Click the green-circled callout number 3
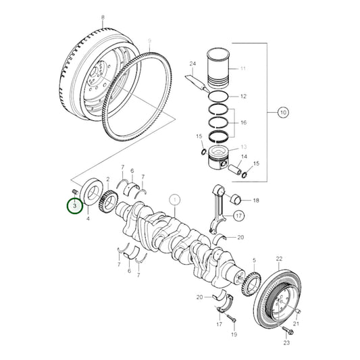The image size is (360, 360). pos(75,206)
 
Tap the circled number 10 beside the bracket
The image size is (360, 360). pos(283,113)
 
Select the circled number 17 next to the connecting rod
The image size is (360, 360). pos(239,215)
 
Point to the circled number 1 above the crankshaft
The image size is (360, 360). pos(175,200)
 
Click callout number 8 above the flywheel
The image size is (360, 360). pos(103,17)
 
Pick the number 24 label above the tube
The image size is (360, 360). pos(192,63)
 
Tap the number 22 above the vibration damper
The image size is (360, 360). pos(279,259)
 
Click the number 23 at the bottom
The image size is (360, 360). pos(286,343)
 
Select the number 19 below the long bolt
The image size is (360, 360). pos(234,334)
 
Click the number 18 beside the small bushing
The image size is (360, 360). pos(256,201)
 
